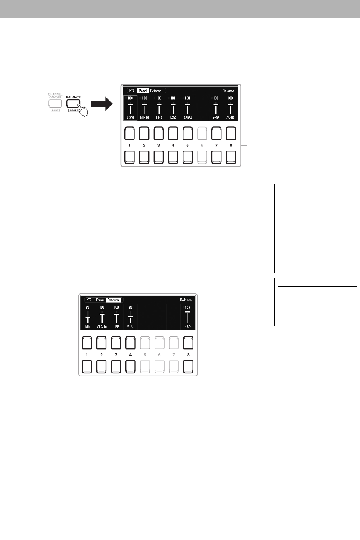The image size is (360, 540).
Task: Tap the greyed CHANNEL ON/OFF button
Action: click(55, 104)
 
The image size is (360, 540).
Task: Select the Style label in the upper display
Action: click(130, 118)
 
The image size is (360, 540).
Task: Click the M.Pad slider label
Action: click(144, 118)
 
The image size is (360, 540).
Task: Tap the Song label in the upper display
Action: click(215, 118)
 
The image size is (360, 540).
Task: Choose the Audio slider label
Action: click(230, 118)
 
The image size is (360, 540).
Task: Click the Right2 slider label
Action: click(187, 118)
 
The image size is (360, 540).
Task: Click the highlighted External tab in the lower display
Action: click(113, 300)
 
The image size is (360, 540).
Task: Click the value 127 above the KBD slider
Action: click(188, 307)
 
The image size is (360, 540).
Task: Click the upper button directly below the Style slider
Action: click(130, 134)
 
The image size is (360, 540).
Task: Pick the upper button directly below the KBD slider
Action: click(188, 343)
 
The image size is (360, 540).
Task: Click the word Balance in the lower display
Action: click(186, 300)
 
